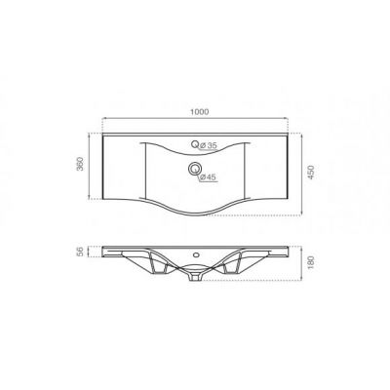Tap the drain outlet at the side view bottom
[199, 276]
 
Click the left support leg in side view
[156, 266]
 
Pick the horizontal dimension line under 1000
[200, 122]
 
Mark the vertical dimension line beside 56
[93, 253]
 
